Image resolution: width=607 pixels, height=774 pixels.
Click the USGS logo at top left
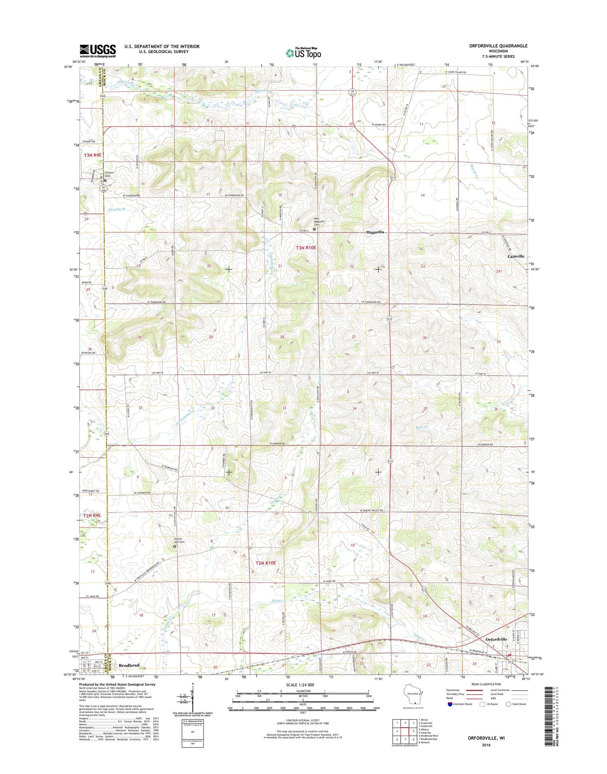tap(97, 51)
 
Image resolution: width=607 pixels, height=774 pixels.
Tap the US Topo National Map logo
tap(303, 53)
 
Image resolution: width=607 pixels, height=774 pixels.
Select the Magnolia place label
tap(375, 232)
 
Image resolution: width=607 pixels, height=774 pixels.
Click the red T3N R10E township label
tap(306, 248)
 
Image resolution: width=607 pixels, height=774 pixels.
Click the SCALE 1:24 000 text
tap(300, 685)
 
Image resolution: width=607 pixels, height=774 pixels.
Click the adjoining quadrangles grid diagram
tap(403, 731)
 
